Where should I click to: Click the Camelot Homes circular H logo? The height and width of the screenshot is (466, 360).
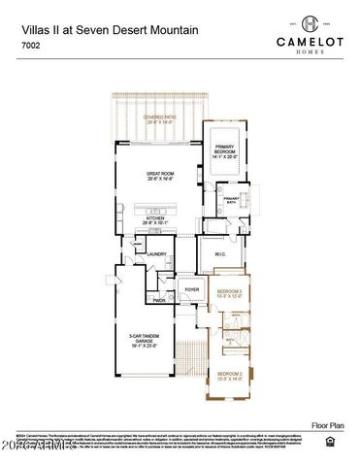coord(310,23)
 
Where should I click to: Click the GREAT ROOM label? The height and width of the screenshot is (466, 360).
coord(159,176)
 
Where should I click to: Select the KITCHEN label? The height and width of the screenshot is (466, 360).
coord(159,219)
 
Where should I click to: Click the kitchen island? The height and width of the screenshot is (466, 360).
coord(158,209)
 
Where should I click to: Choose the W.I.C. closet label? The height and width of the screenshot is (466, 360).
coord(219,254)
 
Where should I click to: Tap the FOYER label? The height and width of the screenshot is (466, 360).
coord(192,289)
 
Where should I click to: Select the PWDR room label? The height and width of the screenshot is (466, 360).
coord(158,300)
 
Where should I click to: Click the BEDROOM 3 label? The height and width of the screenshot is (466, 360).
coord(229,293)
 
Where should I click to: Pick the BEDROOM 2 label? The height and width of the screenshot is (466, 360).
coord(229,375)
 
